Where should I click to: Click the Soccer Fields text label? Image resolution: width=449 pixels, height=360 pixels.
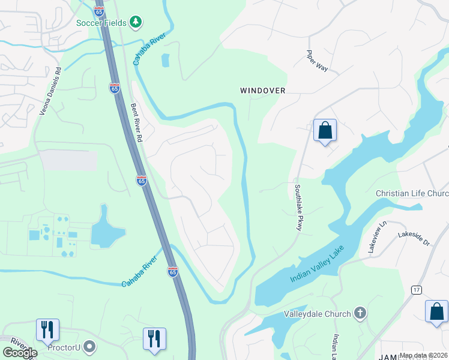point(101,23)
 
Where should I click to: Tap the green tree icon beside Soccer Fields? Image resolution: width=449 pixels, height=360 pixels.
point(136,23)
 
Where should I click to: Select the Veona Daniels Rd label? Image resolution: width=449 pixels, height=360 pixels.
point(50,91)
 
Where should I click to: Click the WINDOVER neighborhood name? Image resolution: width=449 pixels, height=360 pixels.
point(262,91)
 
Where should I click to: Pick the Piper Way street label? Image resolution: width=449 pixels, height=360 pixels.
point(317,61)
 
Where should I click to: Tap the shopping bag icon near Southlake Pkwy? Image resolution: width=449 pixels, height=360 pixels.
point(325,130)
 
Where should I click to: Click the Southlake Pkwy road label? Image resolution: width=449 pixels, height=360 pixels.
point(297,207)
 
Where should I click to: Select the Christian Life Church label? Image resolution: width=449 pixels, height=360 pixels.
point(412,194)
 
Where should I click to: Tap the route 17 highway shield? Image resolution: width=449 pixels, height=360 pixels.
point(416,290)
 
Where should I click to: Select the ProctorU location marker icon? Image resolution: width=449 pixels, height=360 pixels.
point(90,347)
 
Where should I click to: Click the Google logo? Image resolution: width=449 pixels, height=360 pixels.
point(20,353)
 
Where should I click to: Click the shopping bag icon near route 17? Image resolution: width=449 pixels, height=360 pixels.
point(436,311)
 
